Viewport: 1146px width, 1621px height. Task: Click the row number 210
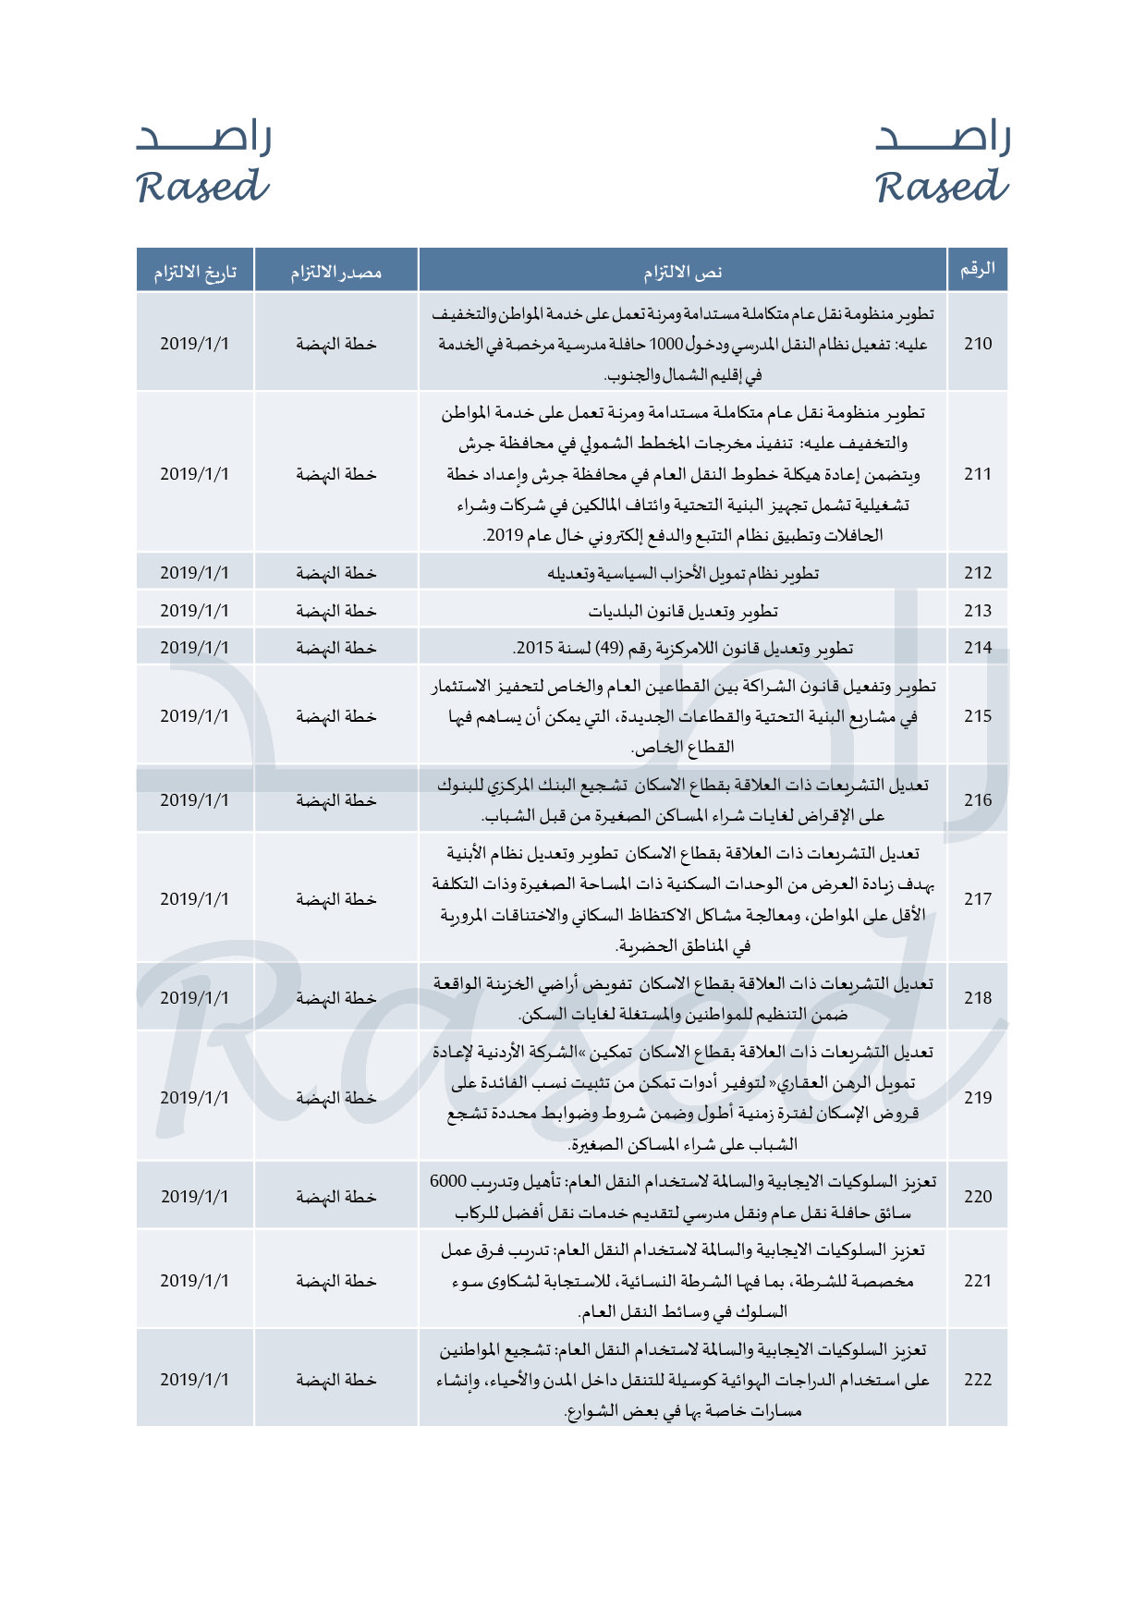978,344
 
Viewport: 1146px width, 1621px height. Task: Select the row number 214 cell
978,648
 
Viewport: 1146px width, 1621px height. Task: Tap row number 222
978,1380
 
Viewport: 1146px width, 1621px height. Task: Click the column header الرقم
978,270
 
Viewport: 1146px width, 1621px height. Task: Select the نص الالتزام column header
683,272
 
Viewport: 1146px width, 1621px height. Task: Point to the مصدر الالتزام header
336,272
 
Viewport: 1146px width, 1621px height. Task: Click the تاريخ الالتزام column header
195,272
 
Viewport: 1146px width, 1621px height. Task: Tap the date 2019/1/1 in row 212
195,573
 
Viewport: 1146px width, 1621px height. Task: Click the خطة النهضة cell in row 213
336,611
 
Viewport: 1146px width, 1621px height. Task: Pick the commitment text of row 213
683,611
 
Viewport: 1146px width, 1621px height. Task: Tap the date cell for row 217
195,899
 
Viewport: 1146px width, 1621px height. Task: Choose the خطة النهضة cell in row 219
336,1098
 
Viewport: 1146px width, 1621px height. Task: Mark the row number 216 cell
978,800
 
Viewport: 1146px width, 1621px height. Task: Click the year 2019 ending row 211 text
505,535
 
